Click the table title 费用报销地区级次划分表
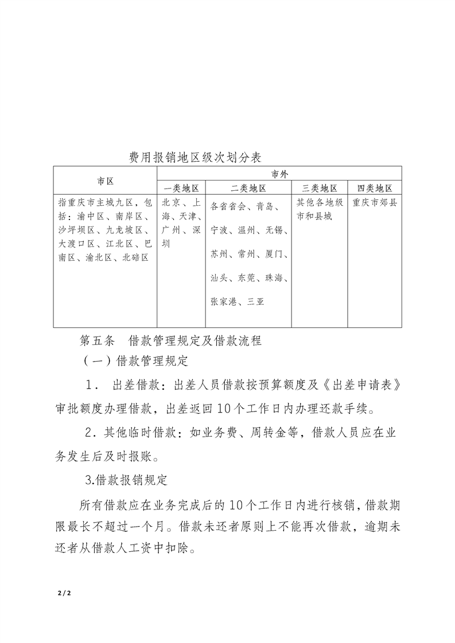[195, 157]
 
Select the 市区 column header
[105, 181]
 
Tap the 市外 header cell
[279, 174]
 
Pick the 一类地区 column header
[181, 188]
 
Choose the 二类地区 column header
[248, 188]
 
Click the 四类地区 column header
[375, 188]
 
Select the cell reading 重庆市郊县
[375, 202]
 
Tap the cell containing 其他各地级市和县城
[320, 210]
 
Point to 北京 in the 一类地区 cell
[171, 202]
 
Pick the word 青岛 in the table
[267, 206]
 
